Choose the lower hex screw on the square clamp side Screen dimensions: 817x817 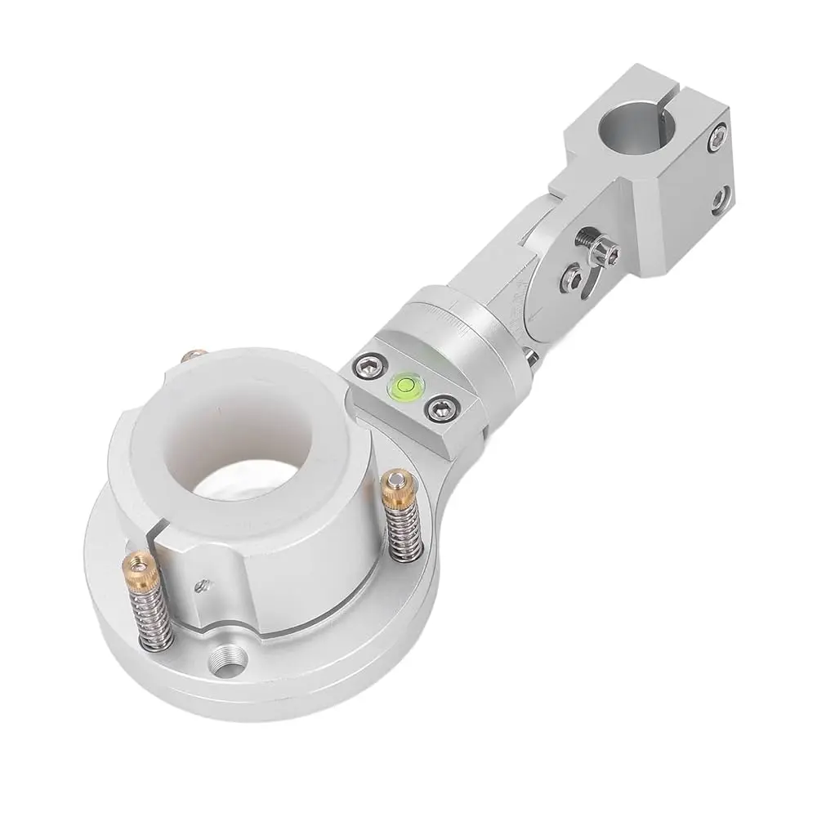click(x=720, y=199)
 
